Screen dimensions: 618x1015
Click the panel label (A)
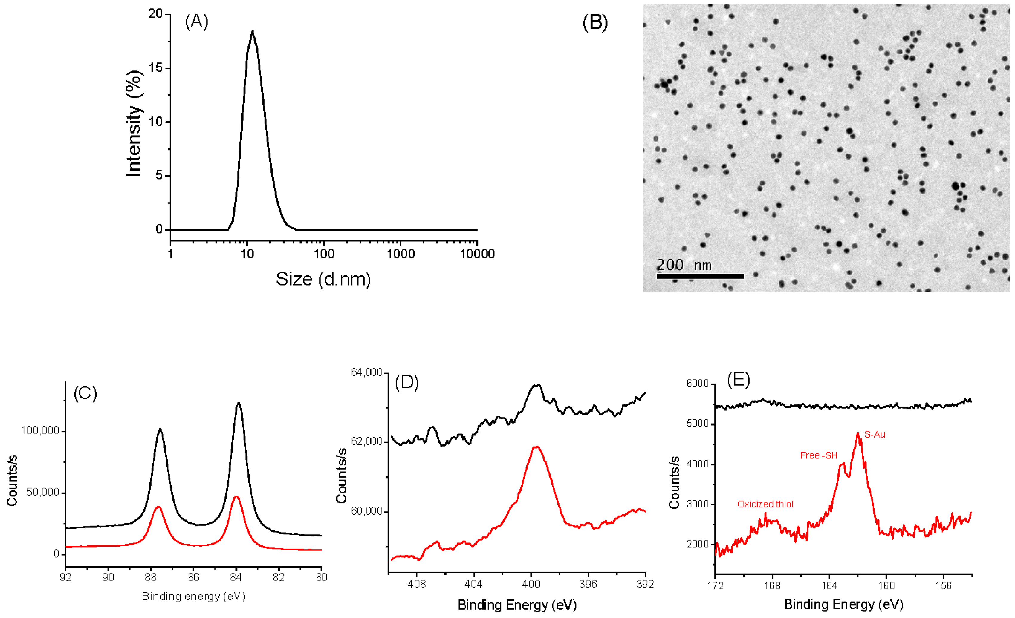coord(196,22)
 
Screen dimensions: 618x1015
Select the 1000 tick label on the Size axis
coord(401,254)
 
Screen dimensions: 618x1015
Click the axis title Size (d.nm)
coord(323,279)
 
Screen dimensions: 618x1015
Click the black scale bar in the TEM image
coord(700,276)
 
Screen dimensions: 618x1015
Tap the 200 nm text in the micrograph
coord(684,265)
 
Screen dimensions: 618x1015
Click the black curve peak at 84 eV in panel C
coord(239,403)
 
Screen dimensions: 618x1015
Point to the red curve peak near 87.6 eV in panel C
coord(158,507)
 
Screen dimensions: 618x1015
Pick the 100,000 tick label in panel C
coord(40,431)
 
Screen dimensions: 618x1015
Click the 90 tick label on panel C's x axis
coord(108,577)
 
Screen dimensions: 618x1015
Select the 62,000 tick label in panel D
coord(367,441)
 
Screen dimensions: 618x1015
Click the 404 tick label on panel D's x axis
coord(474,584)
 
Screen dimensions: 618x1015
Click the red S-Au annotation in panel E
coord(875,434)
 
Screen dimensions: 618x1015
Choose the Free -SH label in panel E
coord(819,456)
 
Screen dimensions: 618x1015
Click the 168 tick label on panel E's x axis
coord(772,585)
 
